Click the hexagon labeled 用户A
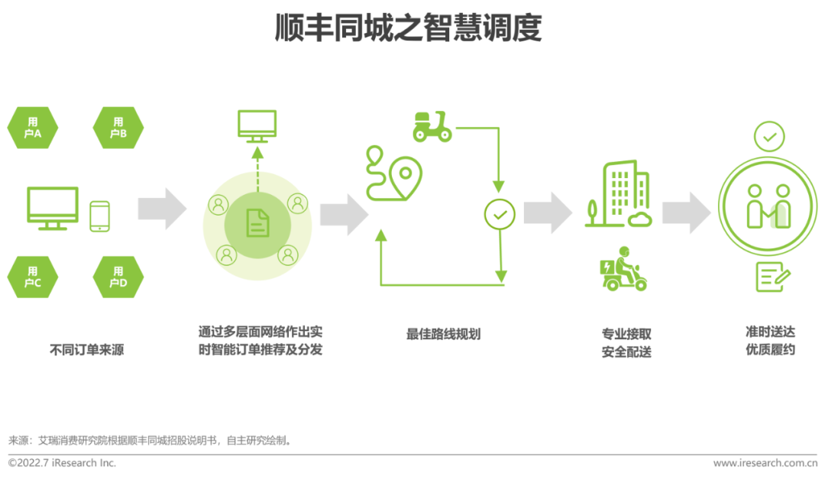click(x=33, y=128)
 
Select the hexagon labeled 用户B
click(x=118, y=128)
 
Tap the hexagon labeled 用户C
click(x=33, y=277)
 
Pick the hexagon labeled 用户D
click(x=118, y=277)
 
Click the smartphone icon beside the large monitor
click(x=100, y=216)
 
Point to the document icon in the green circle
click(x=257, y=223)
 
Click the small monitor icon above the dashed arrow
click(x=257, y=126)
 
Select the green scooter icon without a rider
click(x=432, y=127)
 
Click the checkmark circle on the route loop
click(x=500, y=215)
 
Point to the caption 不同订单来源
click(x=86, y=350)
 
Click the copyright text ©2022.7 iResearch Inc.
click(x=62, y=463)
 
